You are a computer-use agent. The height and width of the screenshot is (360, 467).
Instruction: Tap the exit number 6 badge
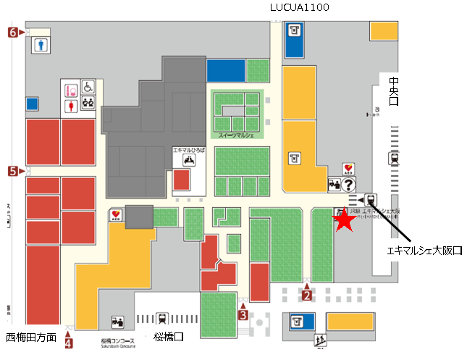coord(13,32)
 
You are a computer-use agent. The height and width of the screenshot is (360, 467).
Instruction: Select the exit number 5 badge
coord(13,171)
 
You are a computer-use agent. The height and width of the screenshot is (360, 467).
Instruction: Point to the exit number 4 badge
coord(69,343)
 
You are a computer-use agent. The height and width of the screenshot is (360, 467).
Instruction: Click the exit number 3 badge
coord(243,314)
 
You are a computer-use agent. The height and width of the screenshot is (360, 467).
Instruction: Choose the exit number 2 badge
coord(306,294)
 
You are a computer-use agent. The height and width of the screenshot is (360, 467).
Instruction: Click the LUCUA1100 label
coord(299,8)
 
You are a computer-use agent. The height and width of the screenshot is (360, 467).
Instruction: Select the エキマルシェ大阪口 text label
coord(424,251)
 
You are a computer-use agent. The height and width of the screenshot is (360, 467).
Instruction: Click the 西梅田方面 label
coord(31,338)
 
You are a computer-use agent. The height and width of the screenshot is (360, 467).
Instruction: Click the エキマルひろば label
coord(189,149)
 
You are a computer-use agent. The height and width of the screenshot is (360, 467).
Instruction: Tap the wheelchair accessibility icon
coord(87,88)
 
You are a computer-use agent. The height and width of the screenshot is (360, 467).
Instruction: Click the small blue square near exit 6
coord(31,104)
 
